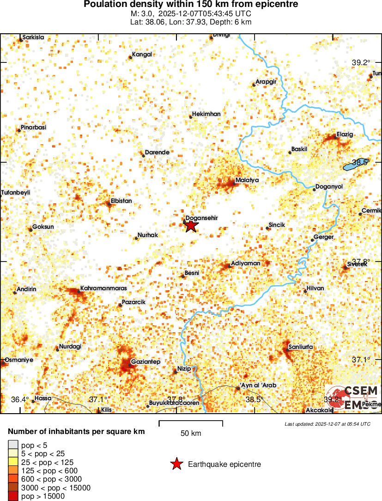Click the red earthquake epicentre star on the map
tap(191, 226)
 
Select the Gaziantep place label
tap(146, 361)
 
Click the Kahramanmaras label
tap(103, 288)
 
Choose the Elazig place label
tap(345, 134)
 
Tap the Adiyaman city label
tap(246, 263)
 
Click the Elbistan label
tap(121, 201)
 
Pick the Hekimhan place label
tap(206, 114)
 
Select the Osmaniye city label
tap(18, 360)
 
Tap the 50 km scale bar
tap(191, 422)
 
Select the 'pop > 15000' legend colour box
tap(12, 496)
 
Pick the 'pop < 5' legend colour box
tap(12, 446)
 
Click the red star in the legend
tap(176, 464)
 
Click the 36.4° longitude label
tap(20, 399)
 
